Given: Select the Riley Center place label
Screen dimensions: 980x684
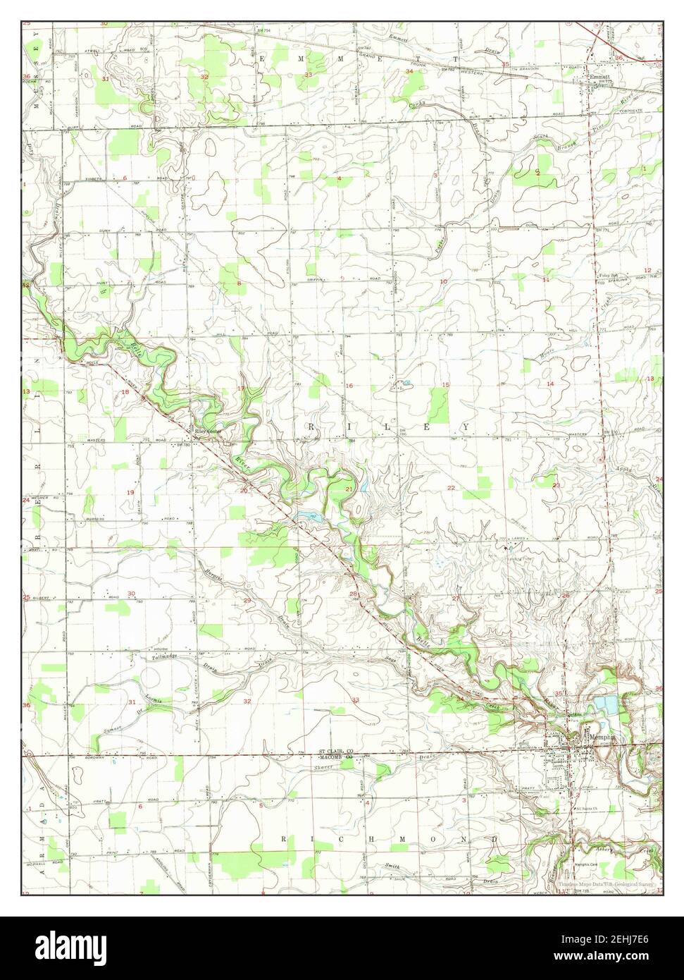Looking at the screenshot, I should pos(208,432).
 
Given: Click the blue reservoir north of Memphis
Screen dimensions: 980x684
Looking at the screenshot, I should pos(605,703).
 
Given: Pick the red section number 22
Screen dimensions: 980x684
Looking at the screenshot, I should pos(451,488).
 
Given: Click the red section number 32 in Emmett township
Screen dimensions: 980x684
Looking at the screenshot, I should pos(204,76).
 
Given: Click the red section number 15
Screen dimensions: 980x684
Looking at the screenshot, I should pos(445,384).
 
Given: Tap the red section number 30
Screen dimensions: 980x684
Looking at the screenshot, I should pos(132,593).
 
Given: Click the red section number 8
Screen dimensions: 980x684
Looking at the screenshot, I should pos(239,283).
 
